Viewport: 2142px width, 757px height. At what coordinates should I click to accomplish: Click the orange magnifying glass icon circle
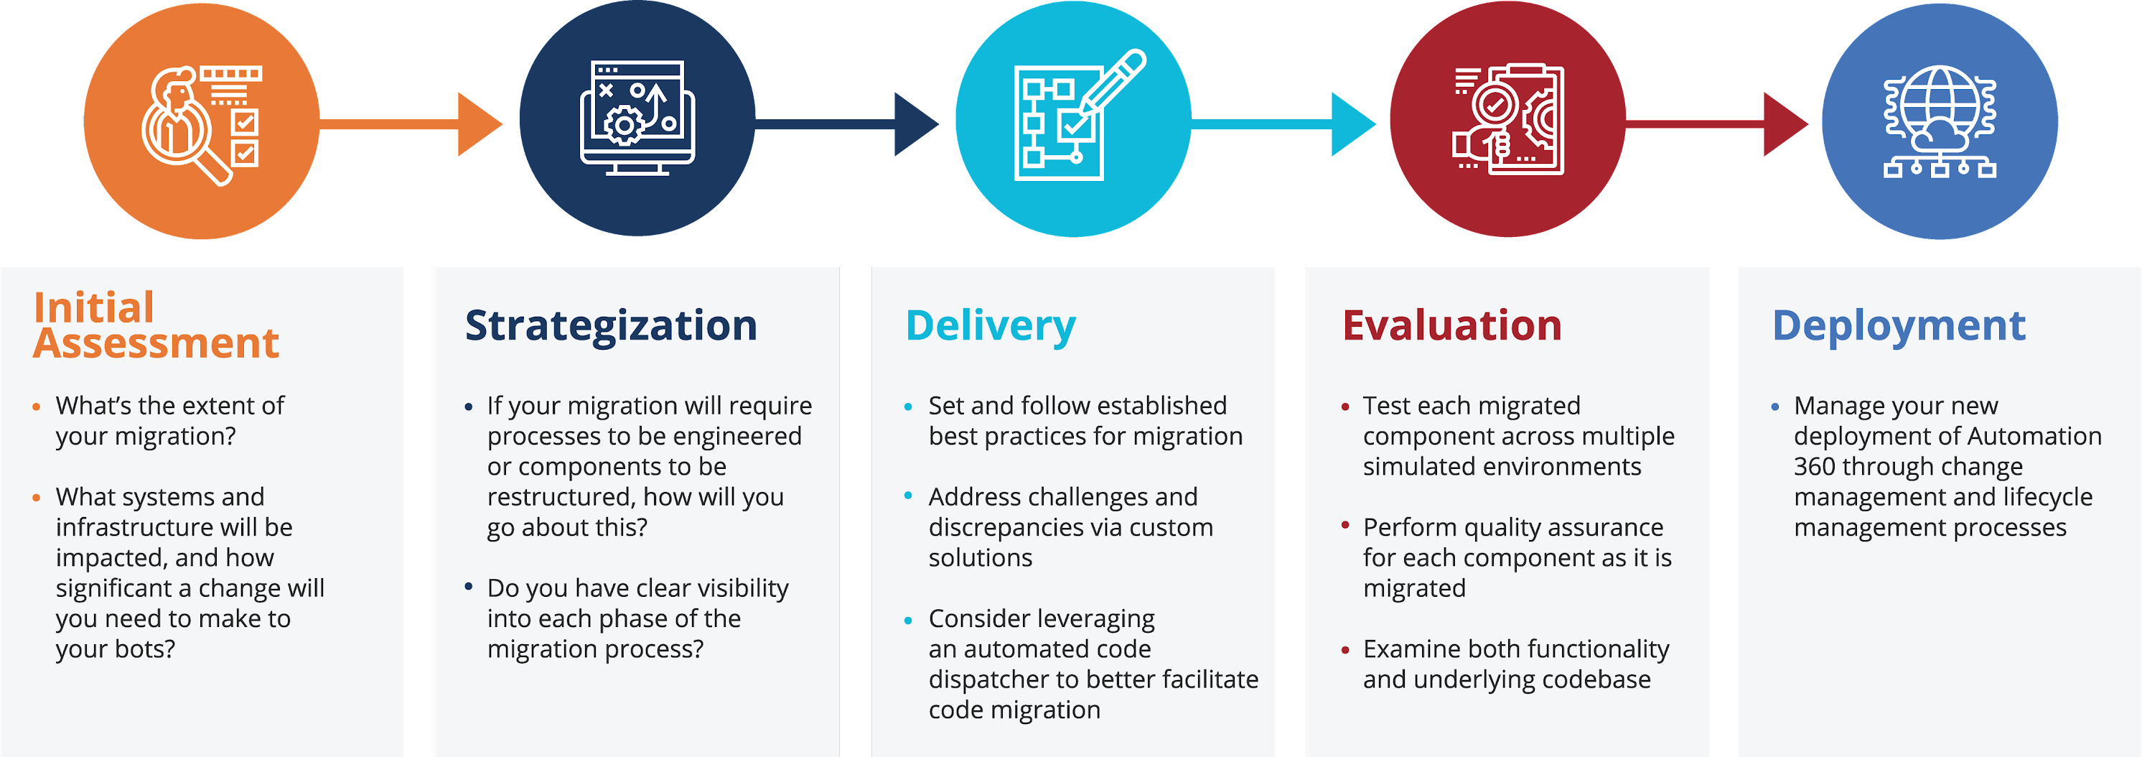[201, 121]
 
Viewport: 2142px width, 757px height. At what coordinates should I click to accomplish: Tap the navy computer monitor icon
[637, 118]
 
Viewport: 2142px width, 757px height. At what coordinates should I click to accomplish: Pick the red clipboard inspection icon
[1507, 119]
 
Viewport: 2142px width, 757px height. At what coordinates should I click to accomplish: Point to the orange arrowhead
[479, 124]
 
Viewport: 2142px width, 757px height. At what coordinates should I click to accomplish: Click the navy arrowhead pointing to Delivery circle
[915, 124]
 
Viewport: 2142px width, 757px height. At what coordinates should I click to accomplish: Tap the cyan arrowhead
[1352, 124]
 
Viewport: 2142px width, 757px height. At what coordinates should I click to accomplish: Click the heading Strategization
[611, 325]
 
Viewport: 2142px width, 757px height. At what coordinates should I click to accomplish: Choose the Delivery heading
[991, 325]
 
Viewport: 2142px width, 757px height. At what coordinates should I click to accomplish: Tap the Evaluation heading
[1452, 325]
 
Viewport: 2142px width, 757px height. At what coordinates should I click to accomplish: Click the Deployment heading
[1899, 325]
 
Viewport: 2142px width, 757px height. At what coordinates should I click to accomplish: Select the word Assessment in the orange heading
[156, 343]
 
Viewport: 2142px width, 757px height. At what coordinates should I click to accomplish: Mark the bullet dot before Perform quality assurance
[1344, 525]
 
